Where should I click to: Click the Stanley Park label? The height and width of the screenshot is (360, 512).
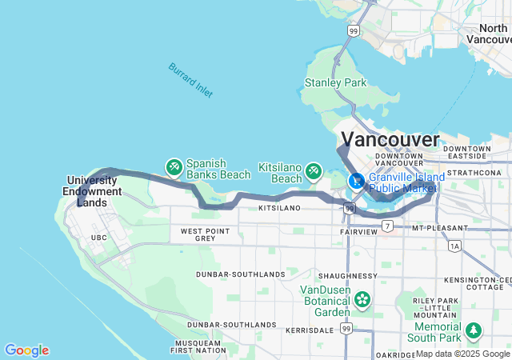pyautogui.click(x=335, y=82)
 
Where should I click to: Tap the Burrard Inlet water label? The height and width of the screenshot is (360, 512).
pyautogui.click(x=190, y=80)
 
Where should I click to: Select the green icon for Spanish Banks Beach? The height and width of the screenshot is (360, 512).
pyautogui.click(x=174, y=166)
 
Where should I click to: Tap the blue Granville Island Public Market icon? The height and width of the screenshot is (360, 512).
pyautogui.click(x=356, y=181)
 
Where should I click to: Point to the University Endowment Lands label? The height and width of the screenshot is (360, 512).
pyautogui.click(x=94, y=191)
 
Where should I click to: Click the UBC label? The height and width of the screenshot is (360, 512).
pyautogui.click(x=98, y=238)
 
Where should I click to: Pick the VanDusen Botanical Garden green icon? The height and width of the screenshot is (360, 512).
pyautogui.click(x=362, y=299)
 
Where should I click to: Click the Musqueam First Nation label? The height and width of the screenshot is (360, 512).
pyautogui.click(x=198, y=346)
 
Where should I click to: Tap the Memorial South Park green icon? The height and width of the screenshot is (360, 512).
pyautogui.click(x=474, y=329)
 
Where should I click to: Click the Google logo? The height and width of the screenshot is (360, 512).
pyautogui.click(x=26, y=350)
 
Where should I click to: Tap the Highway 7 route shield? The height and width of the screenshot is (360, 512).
pyautogui.click(x=388, y=227)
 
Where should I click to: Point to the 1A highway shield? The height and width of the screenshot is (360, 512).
pyautogui.click(x=455, y=246)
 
